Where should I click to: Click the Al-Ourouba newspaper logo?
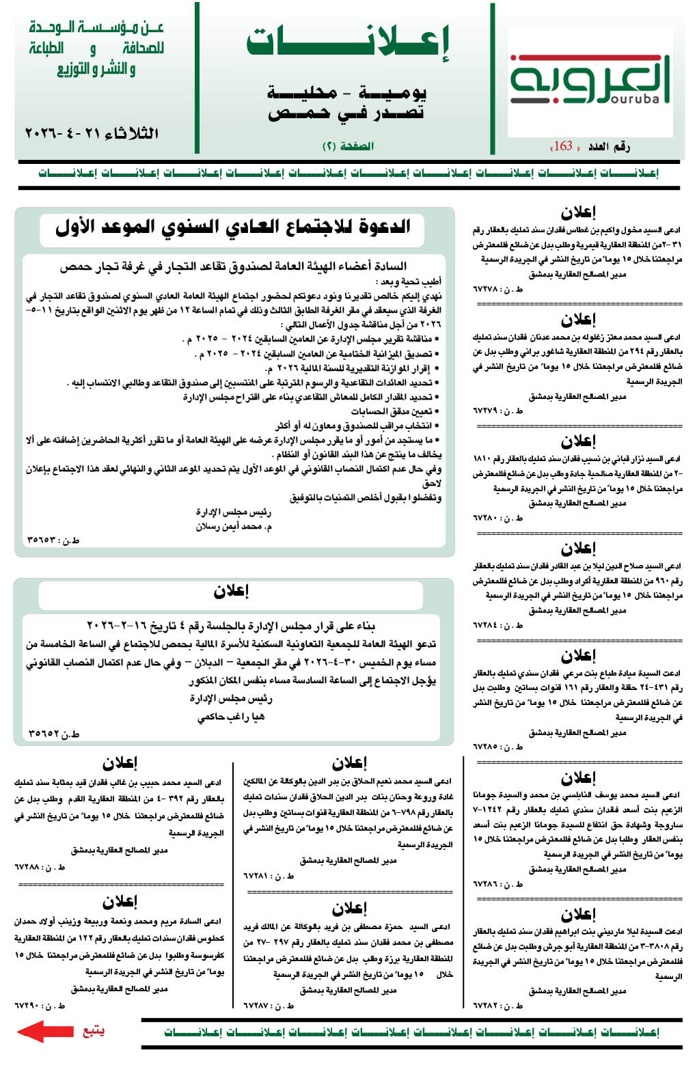point(589,82)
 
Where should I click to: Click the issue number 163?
point(563,146)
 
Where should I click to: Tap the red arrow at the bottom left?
point(45,1031)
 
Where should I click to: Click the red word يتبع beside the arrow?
point(93,1030)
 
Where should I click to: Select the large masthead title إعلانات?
point(348,42)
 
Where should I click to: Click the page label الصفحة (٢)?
point(348,146)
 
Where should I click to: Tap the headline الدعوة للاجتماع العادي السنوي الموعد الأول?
point(232,227)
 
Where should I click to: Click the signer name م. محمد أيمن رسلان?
point(234,527)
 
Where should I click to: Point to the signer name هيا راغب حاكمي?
point(231,717)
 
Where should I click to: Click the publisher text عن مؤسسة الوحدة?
point(96,28)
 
